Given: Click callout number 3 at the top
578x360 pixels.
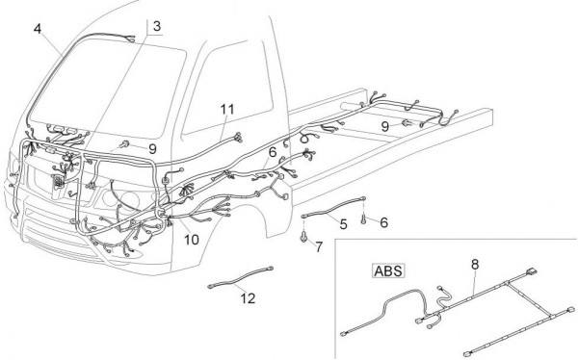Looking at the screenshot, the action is point(157,27).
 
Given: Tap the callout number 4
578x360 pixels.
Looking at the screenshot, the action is point(38,29).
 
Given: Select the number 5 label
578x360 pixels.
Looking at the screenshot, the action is point(343,224).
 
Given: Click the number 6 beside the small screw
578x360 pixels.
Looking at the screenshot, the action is point(383,222).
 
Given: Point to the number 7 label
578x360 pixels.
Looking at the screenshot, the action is point(319,246).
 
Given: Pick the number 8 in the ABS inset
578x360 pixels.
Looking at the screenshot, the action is point(475,264).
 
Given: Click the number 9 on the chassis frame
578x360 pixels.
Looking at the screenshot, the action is point(384,127).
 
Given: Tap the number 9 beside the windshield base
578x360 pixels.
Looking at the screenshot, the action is point(152,149).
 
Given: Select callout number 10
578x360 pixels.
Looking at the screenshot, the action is point(192,240).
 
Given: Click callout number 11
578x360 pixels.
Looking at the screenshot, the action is point(227,109).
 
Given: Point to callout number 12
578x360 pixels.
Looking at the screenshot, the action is point(248,298).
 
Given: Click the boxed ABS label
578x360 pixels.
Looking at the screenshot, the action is point(388,271).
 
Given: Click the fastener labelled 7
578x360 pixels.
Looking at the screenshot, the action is point(303,238).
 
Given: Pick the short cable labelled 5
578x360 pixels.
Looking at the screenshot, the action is point(333,207).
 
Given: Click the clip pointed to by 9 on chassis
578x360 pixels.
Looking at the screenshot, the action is point(407,123).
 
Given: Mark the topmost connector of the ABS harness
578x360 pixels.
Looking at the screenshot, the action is point(532,272).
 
